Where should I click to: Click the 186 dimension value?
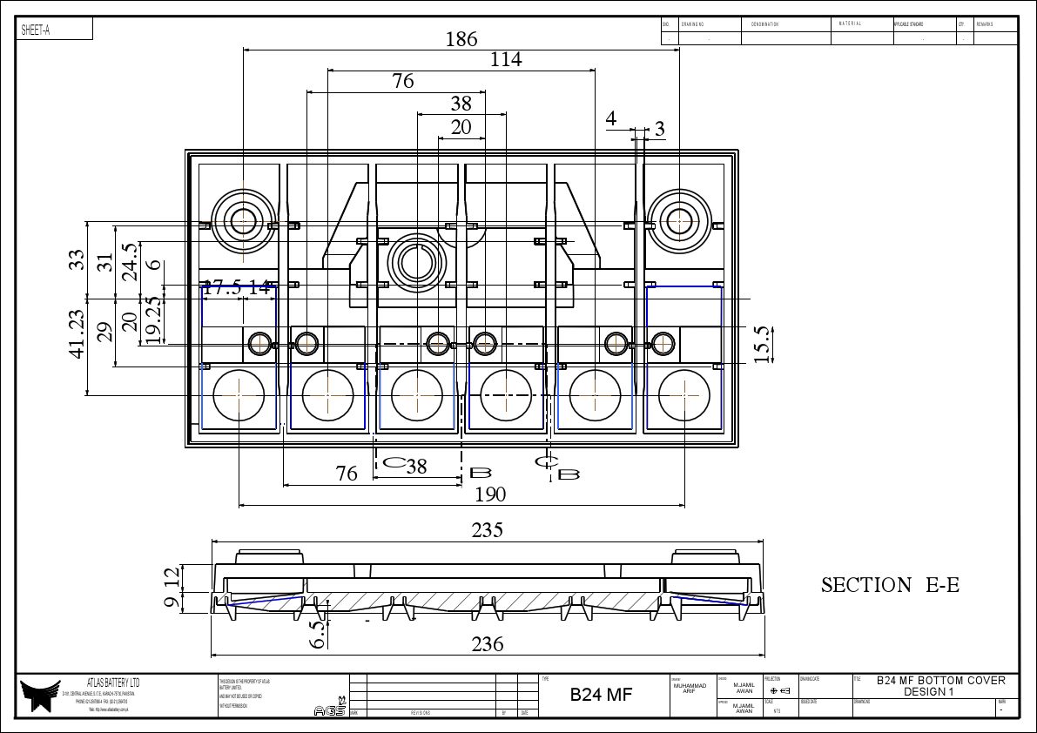(461, 39)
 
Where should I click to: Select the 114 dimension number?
(506, 59)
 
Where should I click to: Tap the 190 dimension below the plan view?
(489, 494)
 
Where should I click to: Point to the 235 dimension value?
(487, 530)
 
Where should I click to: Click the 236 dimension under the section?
(487, 644)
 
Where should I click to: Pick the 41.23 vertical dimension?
(77, 334)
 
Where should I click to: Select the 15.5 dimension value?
(763, 345)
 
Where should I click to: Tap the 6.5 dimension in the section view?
(319, 633)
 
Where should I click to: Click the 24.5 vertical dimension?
(130, 261)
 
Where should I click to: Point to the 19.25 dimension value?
(153, 320)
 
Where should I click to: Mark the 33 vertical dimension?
(77, 259)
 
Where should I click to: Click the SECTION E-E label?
(890, 585)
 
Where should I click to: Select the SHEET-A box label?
(37, 30)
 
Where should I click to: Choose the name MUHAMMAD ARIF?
(690, 688)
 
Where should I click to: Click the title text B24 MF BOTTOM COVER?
(940, 681)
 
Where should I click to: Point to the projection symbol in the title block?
(780, 690)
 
